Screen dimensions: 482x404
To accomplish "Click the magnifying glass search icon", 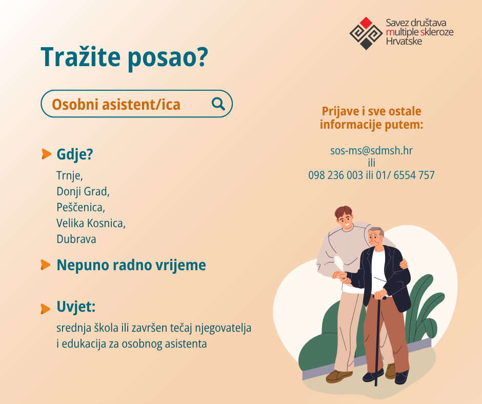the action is [218, 104].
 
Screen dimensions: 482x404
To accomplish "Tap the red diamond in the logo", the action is [366, 23].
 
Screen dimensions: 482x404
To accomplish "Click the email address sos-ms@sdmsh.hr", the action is [371, 151].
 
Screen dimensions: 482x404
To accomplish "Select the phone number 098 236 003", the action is [335, 175].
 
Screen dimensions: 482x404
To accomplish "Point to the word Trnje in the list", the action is [69, 176].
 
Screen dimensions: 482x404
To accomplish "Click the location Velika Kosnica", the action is [90, 223].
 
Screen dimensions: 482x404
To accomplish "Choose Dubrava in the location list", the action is [76, 239].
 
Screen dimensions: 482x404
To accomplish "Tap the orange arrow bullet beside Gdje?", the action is [46, 154].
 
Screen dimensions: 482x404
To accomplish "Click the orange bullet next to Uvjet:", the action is [45, 309].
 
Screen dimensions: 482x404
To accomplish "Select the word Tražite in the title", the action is [81, 57].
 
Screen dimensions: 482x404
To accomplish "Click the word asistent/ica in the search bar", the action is [141, 105].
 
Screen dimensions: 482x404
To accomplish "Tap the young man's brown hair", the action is [344, 212].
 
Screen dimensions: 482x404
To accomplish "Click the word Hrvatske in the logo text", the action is [404, 41].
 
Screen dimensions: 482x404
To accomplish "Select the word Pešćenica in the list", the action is [81, 207].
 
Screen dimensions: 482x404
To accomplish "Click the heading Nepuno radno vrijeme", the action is [131, 265].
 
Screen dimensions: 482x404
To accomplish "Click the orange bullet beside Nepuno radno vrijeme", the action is [45, 265].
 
